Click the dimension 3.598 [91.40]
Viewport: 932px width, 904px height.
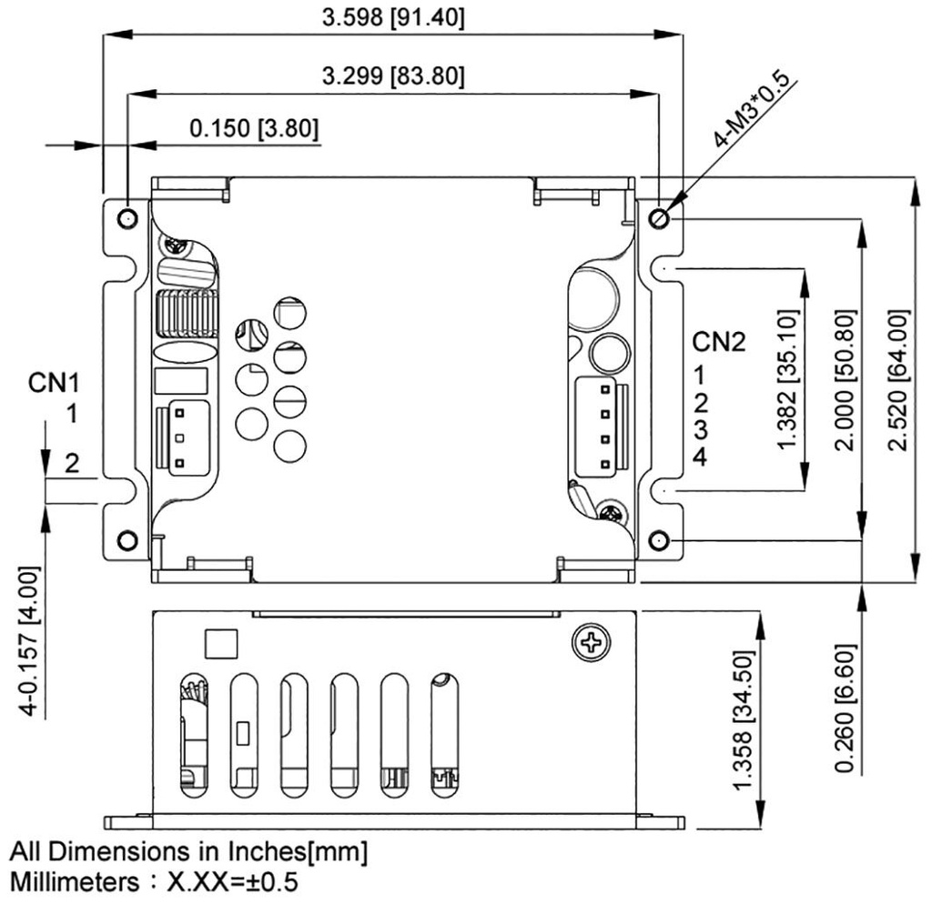tap(393, 18)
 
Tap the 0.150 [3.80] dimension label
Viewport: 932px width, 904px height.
tap(254, 129)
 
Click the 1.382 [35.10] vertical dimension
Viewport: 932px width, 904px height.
tap(788, 378)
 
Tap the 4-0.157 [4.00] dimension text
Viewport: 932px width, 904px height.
tap(30, 641)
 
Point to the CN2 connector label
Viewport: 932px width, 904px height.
tap(719, 342)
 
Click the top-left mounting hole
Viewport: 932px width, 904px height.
tap(127, 218)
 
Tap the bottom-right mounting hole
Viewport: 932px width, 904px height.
tap(660, 541)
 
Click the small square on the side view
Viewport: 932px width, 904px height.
tap(221, 643)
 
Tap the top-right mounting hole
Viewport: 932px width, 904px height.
tap(660, 218)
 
